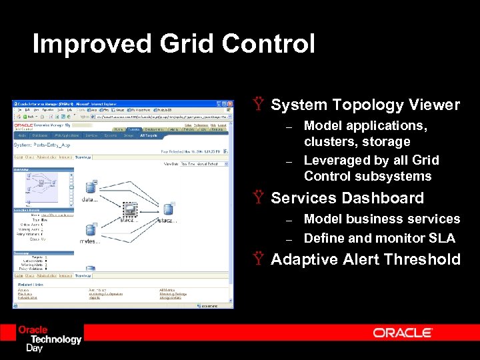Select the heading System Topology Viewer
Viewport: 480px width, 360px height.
pos(365,105)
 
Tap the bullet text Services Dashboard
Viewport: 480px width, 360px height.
pos(347,198)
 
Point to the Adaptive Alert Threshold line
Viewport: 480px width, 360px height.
pos(365,259)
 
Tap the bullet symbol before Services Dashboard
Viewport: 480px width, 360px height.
pos(259,198)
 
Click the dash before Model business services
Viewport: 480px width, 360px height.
pos(289,220)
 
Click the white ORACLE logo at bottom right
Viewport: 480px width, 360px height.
pos(403,333)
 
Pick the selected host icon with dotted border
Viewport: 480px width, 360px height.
pos(130,209)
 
